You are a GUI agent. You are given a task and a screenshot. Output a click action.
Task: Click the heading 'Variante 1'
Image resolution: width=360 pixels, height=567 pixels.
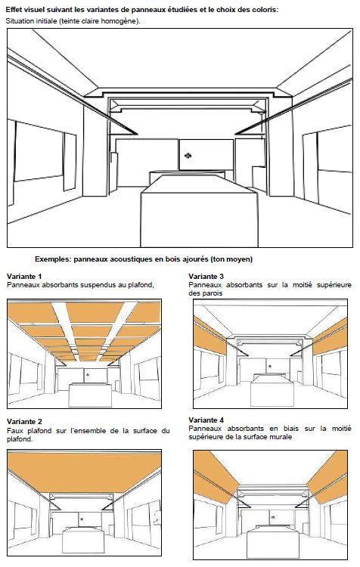tap(23, 277)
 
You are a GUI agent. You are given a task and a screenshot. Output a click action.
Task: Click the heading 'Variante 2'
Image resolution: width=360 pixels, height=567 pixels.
tap(23, 421)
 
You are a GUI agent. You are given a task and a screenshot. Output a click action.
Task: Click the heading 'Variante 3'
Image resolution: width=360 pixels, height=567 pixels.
tap(206, 277)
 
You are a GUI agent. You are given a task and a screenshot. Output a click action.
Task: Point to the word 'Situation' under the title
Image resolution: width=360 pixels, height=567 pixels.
tap(22, 20)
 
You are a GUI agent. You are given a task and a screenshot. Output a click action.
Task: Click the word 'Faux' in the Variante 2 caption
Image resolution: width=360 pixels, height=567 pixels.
tap(15, 430)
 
